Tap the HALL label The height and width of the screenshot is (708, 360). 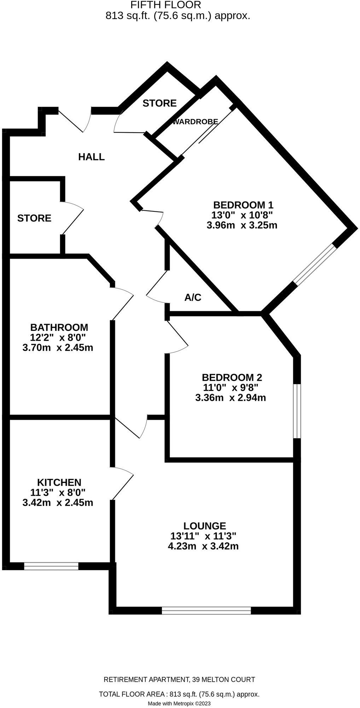tap(91, 157)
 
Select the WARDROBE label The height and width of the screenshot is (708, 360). tap(195, 122)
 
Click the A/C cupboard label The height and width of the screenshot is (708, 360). tap(193, 298)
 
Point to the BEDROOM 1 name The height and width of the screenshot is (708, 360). tap(243, 205)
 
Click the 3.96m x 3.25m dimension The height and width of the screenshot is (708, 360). tap(242, 225)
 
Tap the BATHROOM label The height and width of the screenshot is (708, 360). tap(59, 327)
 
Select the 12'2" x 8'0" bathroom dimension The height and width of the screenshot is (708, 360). tap(58, 337)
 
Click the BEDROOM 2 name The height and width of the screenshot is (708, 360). tap(232, 377)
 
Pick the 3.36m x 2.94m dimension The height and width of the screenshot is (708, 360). tap(231, 398)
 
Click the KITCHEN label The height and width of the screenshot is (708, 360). tap(59, 482)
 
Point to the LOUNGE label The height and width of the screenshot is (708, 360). tap(205, 526)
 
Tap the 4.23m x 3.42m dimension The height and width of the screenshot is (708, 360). tap(203, 546)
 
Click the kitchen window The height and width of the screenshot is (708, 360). tap(51, 566)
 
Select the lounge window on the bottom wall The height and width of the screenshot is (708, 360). tap(206, 610)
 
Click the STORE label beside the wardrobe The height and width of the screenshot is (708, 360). tap(159, 103)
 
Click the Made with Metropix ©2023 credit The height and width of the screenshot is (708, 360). tap(179, 704)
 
